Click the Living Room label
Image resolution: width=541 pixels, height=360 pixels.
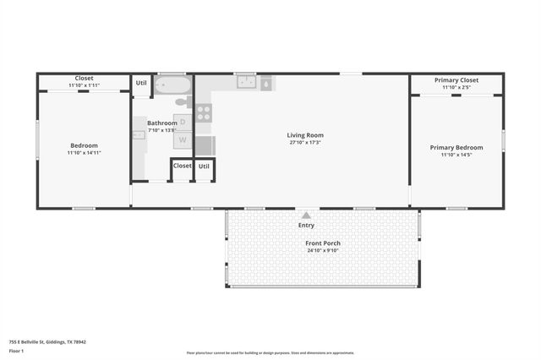(x=305, y=135)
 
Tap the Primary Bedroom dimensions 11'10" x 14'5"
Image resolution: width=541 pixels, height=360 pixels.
(x=456, y=155)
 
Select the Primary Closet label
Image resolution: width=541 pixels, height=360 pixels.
(x=456, y=80)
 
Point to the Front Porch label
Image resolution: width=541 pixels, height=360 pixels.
(x=322, y=243)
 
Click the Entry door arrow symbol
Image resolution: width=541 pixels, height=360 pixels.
(x=305, y=215)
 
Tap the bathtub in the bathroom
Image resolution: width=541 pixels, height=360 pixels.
(x=173, y=86)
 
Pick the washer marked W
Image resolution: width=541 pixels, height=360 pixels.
(x=183, y=140)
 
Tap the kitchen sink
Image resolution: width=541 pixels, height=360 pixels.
(x=247, y=82)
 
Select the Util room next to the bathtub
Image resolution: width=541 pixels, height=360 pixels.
(x=141, y=83)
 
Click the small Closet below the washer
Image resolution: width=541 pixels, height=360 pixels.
(x=182, y=166)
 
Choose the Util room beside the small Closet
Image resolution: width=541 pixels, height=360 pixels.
(x=204, y=166)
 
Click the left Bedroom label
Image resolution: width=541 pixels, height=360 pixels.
(x=84, y=145)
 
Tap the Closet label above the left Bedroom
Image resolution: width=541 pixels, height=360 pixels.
(x=84, y=79)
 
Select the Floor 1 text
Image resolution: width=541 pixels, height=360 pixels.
(x=16, y=351)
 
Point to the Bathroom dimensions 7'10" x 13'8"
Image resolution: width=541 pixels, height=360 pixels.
(x=161, y=130)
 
